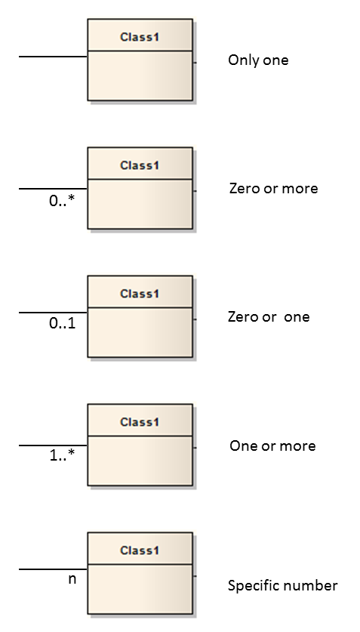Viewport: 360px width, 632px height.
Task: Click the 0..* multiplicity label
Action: pos(62,201)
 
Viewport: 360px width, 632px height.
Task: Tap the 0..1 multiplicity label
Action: pos(63,323)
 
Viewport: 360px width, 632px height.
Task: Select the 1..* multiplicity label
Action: pos(63,455)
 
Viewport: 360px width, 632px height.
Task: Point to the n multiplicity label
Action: pos(72,579)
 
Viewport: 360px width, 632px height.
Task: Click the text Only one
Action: pos(258,60)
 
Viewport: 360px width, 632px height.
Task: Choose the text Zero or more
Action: pos(273,188)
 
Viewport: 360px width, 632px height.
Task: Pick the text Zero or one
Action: pos(269,317)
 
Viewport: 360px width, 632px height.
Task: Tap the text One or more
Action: pos(272,445)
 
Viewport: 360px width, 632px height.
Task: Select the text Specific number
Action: pos(283,586)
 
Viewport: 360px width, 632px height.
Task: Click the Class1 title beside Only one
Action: pos(140,37)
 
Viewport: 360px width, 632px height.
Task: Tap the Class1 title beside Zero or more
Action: pos(140,165)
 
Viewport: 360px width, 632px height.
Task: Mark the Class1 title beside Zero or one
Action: pos(140,294)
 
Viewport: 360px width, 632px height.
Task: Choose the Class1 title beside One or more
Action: pos(140,422)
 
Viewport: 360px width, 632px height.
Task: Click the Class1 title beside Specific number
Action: pos(140,550)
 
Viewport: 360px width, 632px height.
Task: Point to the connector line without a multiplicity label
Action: pos(53,57)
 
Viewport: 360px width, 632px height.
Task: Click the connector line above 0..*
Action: pos(53,188)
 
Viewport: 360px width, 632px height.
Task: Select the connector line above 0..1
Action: pos(53,313)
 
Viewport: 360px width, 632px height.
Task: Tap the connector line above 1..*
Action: pos(53,445)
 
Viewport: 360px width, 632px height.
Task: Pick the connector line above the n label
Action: pos(53,569)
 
